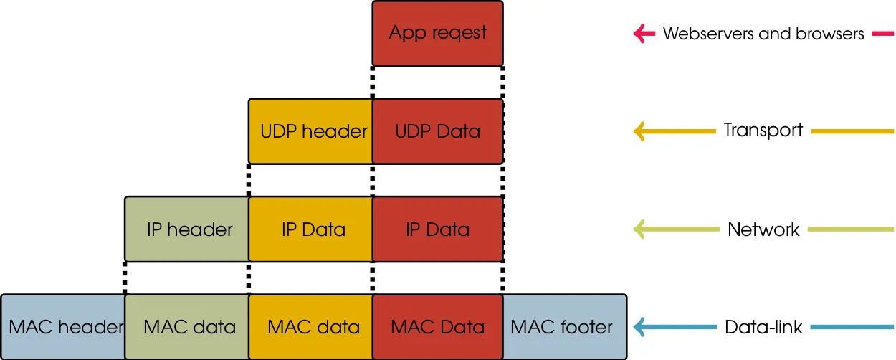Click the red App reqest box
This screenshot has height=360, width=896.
coord(437,33)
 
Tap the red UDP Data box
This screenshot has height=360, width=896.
coord(437,131)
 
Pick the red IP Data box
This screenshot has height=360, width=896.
coord(437,229)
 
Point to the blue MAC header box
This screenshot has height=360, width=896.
coord(63,327)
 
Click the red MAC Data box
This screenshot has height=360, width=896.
coord(437,327)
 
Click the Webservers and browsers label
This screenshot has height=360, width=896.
coord(763,34)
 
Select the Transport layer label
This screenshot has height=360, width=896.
coord(763,131)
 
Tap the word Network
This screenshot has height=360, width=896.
coord(763,229)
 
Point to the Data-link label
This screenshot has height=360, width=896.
coord(763,328)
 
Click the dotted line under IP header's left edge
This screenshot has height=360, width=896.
coord(125,278)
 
